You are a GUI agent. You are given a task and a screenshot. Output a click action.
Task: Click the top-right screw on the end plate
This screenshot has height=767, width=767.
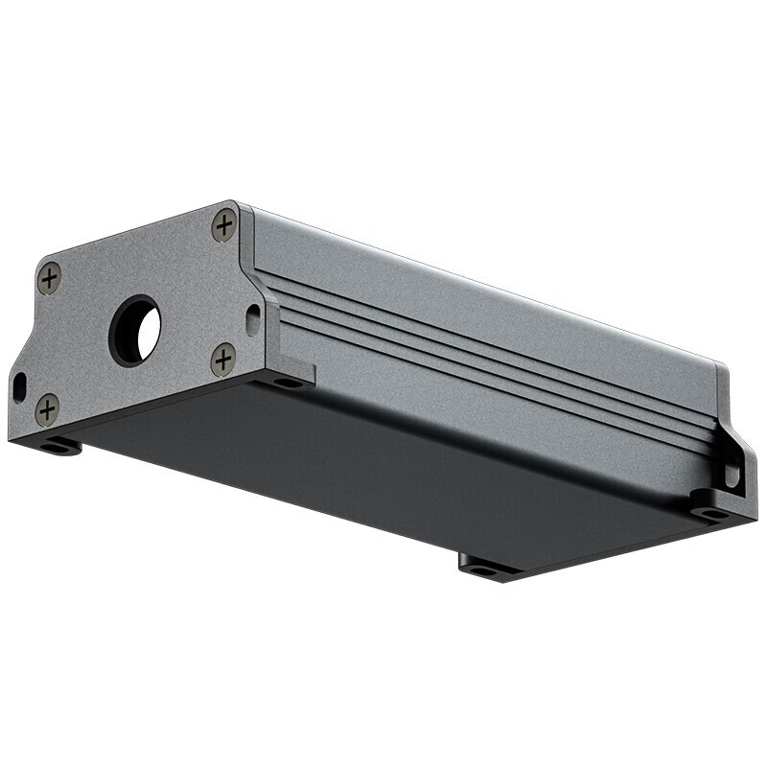coord(223,226)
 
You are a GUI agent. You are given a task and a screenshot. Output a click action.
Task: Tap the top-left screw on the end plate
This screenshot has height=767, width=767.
coord(49,278)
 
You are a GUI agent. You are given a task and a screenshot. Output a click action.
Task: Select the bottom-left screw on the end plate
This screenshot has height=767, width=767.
coord(47,408)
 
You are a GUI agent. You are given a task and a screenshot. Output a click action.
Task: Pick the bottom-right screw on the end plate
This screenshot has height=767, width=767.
coord(222,360)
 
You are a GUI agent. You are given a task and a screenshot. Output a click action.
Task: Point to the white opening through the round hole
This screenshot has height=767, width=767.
coord(148,331)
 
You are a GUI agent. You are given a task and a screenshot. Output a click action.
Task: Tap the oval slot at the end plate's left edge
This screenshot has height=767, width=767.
coord(19,385)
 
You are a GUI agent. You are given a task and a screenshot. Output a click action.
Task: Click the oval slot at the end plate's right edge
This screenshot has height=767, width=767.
coord(252,317)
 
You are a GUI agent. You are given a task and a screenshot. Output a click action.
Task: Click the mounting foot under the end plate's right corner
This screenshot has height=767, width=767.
coord(288,382)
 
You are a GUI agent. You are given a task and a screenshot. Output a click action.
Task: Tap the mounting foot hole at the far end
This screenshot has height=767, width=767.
coord(710,513)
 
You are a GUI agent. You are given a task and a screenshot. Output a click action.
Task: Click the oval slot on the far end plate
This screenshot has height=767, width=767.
coord(732,474)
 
